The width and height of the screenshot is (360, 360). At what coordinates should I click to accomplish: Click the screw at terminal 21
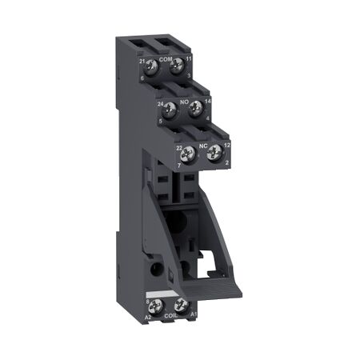152,68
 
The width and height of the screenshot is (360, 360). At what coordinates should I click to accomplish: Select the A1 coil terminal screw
180,304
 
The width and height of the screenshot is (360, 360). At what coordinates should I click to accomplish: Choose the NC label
203,144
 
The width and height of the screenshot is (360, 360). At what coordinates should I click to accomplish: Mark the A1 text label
192,314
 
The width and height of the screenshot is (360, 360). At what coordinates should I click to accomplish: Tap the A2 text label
149,316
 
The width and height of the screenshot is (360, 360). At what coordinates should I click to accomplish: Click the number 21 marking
141,61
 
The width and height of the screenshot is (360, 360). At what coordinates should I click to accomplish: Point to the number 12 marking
226,146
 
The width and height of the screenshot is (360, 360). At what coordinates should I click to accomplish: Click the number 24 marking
161,103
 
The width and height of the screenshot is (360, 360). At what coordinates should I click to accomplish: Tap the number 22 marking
180,146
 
